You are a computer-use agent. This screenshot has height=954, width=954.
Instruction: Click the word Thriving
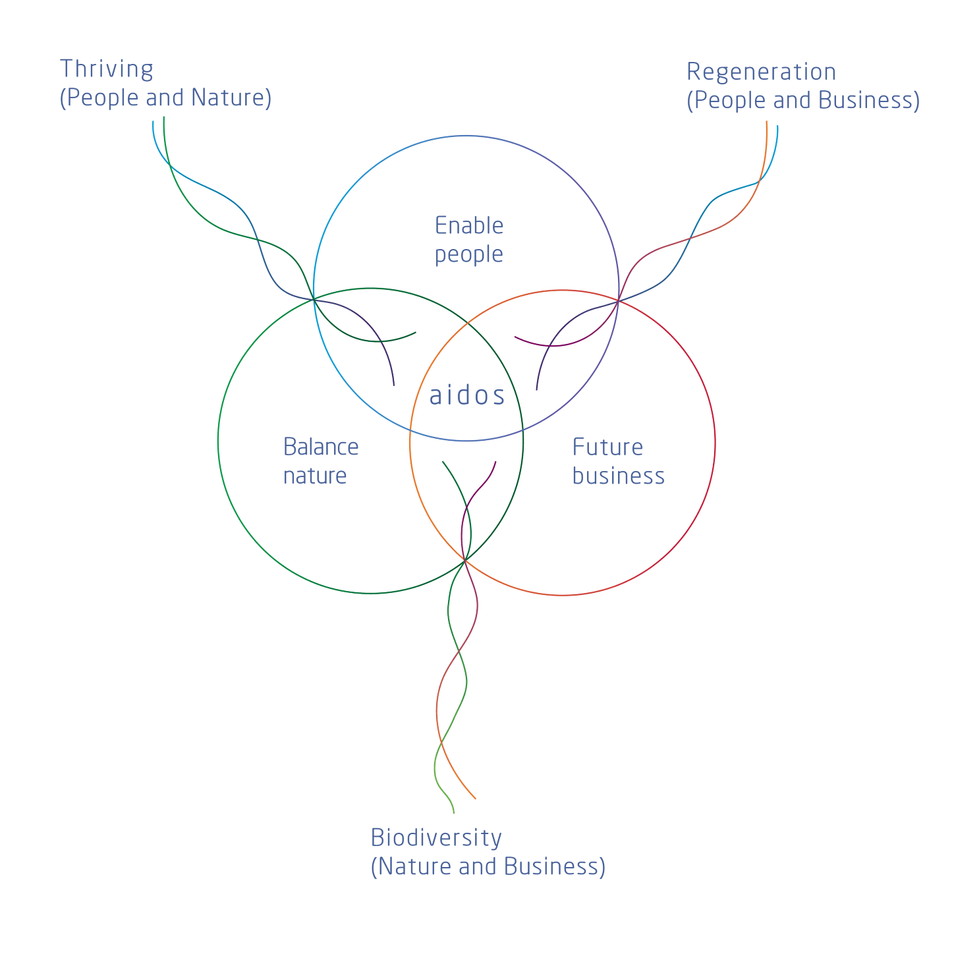(x=107, y=69)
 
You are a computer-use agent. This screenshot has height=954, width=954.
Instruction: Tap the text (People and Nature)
(x=165, y=98)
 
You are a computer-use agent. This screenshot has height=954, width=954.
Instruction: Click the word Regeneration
(x=761, y=72)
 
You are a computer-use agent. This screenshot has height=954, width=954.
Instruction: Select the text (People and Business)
(x=803, y=101)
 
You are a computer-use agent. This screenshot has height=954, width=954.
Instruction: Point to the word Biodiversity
(x=436, y=837)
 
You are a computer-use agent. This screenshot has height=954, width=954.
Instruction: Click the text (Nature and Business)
(x=488, y=866)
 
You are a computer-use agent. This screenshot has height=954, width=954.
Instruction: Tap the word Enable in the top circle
(x=469, y=226)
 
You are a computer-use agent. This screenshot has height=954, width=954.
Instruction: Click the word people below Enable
(x=469, y=254)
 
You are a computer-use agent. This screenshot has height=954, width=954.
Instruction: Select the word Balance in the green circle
(x=321, y=447)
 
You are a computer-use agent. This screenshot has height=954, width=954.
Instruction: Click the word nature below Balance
(x=315, y=476)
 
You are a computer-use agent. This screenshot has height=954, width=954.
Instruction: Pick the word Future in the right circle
(x=607, y=447)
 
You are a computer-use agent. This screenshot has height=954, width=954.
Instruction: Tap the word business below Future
(x=618, y=476)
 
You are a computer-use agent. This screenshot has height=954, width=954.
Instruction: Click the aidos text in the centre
(x=467, y=396)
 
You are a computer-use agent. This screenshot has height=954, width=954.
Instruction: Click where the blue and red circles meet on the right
(x=619, y=300)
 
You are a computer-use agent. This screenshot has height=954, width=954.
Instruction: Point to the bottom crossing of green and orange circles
(x=466, y=560)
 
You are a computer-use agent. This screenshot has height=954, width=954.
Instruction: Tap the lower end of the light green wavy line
(x=454, y=812)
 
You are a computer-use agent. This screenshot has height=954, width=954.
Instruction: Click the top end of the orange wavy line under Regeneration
(x=767, y=122)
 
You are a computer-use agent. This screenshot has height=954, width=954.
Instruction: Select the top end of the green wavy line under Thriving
(x=163, y=119)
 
